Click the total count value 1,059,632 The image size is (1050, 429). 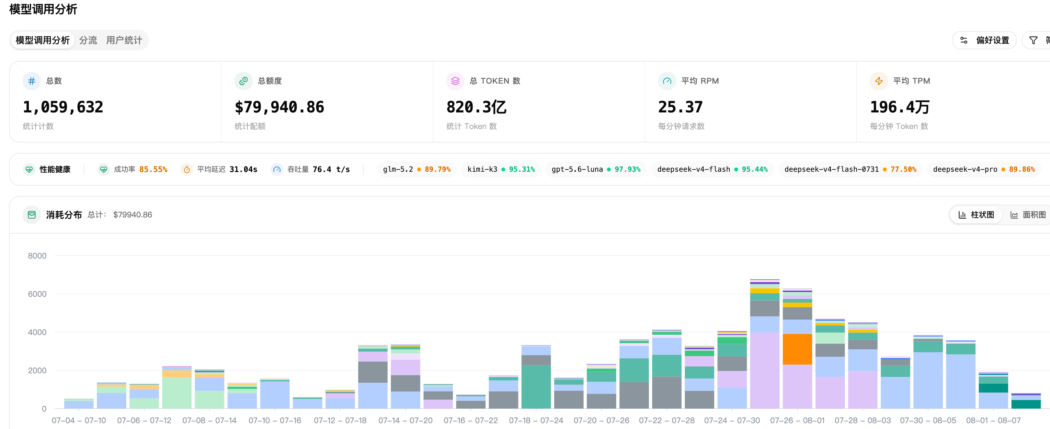pos(63,107)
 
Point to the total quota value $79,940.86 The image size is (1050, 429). pos(279,107)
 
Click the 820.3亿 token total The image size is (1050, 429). pos(476,107)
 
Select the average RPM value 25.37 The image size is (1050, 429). pos(680,107)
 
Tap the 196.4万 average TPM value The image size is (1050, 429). pos(900,107)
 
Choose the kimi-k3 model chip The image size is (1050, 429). pos(500,169)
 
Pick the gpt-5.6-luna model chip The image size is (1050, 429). pos(596,169)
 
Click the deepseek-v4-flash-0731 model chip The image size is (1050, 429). pos(850,169)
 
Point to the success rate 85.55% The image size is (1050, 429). pos(153,169)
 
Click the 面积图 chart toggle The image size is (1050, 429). pos(1028,215)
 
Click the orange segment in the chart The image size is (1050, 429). pos(797,349)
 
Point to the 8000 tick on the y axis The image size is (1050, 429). pos(37,256)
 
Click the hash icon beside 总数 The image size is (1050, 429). pos(32,81)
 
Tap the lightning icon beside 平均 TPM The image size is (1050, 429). pos(879,81)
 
